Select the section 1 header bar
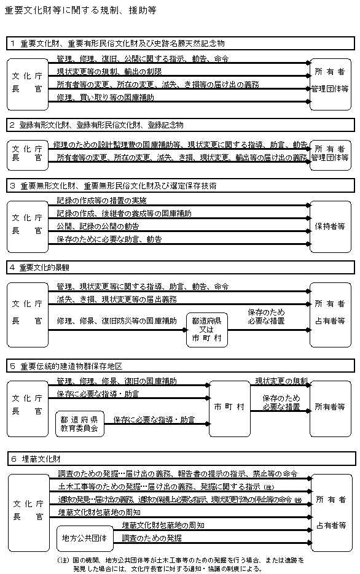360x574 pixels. tap(181, 44)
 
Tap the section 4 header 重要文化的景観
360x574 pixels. tap(181, 268)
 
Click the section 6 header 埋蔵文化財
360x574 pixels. tap(181, 459)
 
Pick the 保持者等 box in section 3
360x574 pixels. tap(331, 226)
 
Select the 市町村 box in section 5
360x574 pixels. tap(229, 408)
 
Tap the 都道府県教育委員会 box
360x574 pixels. tap(80, 424)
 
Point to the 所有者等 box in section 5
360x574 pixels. tap(331, 407)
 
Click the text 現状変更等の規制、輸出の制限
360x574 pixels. tap(109, 72)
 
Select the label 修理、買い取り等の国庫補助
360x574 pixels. tap(105, 98)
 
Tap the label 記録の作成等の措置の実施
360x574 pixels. tap(101, 201)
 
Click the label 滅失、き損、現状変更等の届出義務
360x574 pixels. tap(117, 299)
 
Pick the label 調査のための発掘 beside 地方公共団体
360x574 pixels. tap(152, 538)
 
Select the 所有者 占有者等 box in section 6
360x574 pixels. tap(331, 512)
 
